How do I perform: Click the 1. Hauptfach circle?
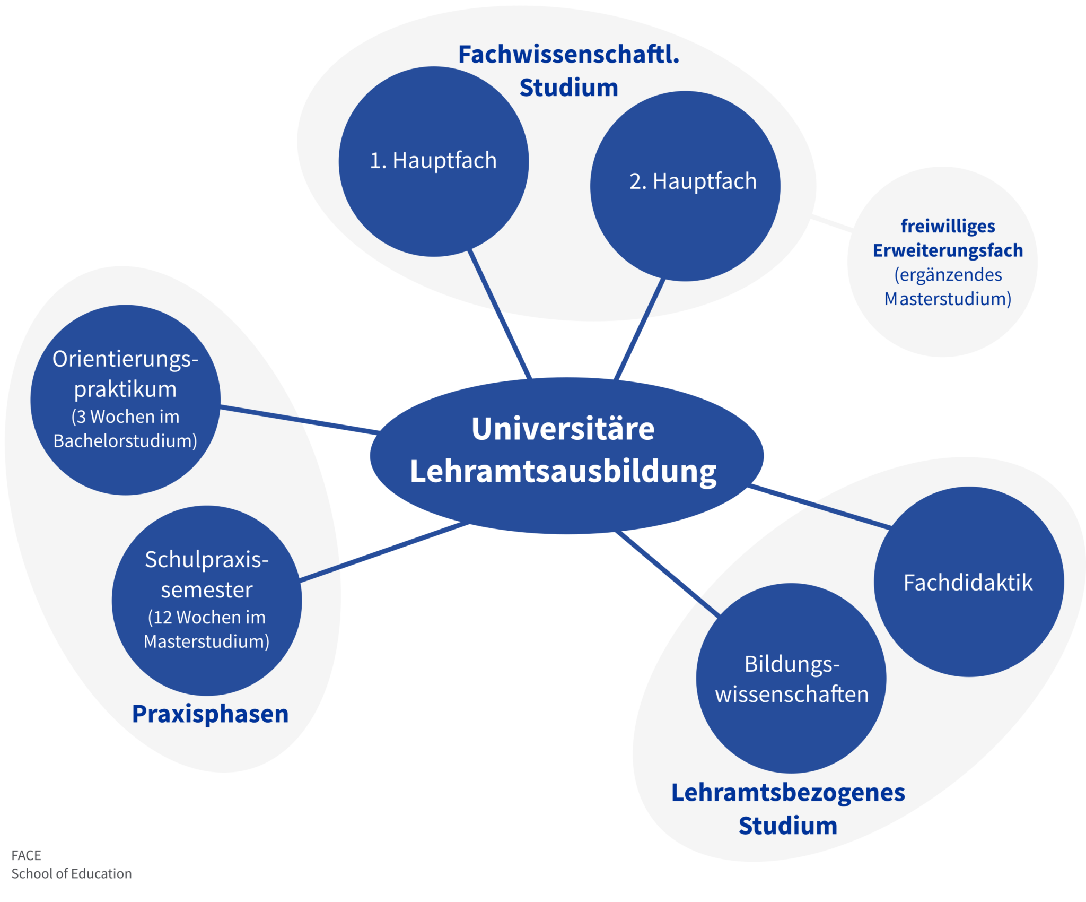point(434,161)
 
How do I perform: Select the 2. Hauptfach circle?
point(685,186)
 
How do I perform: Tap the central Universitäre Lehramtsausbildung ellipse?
point(566,455)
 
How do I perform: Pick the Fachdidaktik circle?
point(969,582)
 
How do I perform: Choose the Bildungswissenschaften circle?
point(791,678)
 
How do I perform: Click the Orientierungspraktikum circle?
point(125,400)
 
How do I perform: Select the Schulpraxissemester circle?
point(207,601)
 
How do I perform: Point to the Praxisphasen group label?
point(211,714)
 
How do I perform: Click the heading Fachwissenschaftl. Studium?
point(568,71)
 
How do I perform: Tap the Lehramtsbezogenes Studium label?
point(788,809)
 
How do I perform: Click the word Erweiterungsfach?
point(948,250)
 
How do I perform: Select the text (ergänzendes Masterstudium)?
point(948,287)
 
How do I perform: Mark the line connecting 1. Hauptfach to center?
point(500,314)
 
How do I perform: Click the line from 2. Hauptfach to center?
point(640,329)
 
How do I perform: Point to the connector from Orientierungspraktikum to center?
point(300,420)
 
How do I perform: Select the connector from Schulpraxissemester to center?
point(384,551)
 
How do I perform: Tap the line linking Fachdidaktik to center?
point(820,506)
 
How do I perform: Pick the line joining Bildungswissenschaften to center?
point(668,574)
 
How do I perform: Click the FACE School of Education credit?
point(72,864)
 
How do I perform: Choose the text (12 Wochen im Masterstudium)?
point(207,629)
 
